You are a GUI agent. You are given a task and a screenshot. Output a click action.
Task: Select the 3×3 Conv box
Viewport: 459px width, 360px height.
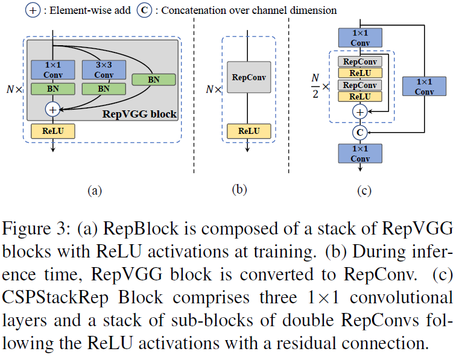(104, 70)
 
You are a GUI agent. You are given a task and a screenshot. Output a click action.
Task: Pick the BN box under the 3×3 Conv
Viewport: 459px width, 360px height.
(104, 89)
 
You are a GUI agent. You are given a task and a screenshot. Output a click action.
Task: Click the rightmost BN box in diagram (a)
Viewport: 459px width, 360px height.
(154, 79)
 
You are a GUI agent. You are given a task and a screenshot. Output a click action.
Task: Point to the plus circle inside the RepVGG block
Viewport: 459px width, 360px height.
(54, 109)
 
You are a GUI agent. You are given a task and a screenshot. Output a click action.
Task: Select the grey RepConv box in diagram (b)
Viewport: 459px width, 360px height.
(248, 78)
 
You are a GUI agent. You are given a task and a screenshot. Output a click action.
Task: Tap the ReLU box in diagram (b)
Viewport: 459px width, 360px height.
(248, 130)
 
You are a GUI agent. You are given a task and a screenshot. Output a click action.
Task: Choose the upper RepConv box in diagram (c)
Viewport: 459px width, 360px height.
(360, 61)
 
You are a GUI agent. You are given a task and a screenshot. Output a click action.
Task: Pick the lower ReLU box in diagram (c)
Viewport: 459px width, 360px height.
(360, 96)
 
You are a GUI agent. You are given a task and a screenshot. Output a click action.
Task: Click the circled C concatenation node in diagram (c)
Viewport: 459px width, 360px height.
(360, 131)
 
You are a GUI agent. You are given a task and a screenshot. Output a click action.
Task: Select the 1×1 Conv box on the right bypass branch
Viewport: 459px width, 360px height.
(424, 86)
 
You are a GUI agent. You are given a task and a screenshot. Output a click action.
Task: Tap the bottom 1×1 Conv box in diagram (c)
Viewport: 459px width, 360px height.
(360, 153)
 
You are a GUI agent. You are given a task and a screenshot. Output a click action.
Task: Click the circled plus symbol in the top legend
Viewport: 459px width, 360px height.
(31, 10)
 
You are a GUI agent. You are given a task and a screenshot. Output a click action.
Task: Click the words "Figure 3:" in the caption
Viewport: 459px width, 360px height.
(30, 230)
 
